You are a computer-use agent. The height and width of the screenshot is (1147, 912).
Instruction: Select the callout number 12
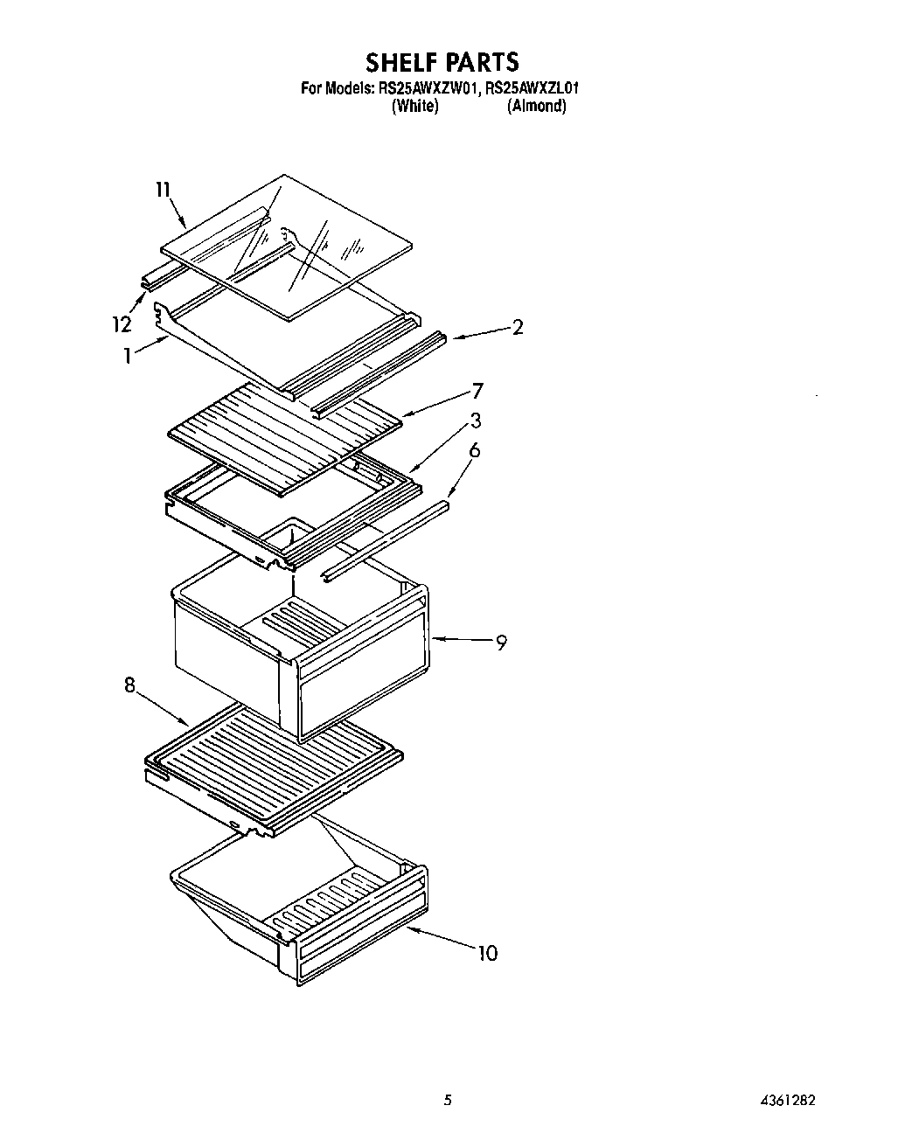pyautogui.click(x=122, y=324)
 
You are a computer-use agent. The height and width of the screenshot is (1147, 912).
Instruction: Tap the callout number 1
pyautogui.click(x=128, y=356)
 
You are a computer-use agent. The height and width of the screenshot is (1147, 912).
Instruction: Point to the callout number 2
pyautogui.click(x=518, y=328)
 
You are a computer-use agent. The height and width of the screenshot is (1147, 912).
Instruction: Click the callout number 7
pyautogui.click(x=477, y=391)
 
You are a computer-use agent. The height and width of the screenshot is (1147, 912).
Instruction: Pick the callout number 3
pyautogui.click(x=476, y=421)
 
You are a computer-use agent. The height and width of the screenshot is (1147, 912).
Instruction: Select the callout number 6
pyautogui.click(x=475, y=450)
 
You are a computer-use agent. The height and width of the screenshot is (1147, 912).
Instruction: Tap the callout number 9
pyautogui.click(x=501, y=643)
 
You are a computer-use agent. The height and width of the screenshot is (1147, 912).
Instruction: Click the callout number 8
pyautogui.click(x=129, y=686)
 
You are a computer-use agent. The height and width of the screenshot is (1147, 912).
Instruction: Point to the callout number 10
pyautogui.click(x=487, y=953)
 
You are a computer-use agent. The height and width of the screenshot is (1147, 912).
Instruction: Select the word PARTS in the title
pyautogui.click(x=482, y=63)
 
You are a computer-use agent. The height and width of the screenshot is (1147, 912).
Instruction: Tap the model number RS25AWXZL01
pyautogui.click(x=534, y=87)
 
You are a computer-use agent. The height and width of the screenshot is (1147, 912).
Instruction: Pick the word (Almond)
pyautogui.click(x=536, y=106)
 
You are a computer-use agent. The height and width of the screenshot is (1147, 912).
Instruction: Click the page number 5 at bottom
pyautogui.click(x=448, y=1100)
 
